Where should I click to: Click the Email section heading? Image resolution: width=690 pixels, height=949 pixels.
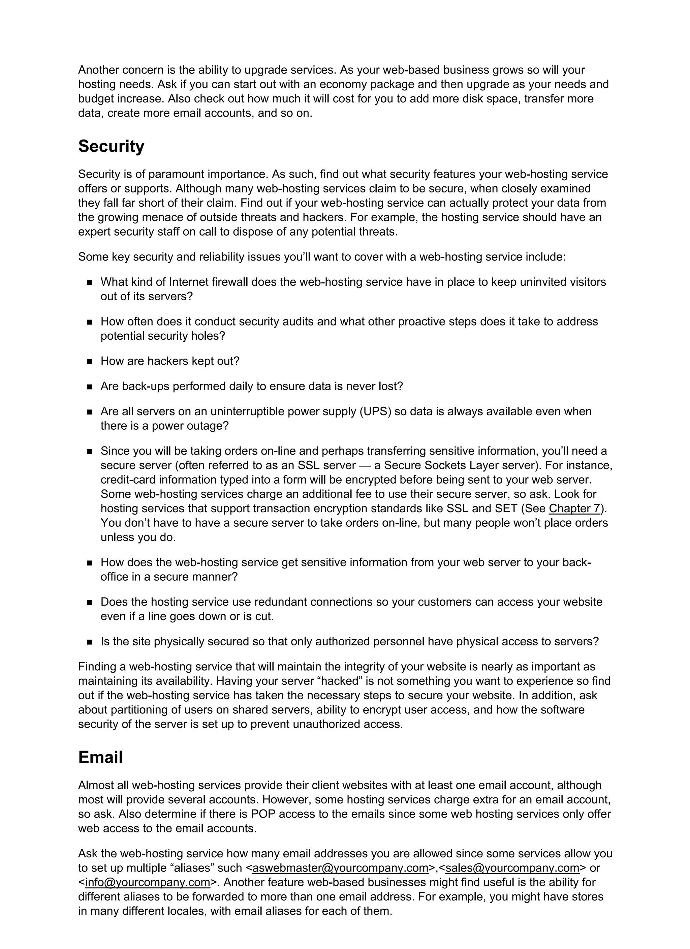100,757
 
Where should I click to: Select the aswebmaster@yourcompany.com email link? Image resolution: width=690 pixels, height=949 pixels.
341,868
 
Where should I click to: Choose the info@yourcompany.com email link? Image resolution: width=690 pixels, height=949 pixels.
147,883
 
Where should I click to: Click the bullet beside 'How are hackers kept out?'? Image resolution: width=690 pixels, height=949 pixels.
89,362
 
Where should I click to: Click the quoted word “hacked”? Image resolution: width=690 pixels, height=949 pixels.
340,681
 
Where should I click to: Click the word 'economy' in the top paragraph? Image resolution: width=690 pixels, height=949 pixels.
343,84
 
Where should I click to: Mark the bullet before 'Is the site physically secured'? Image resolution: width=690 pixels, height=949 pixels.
89,642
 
